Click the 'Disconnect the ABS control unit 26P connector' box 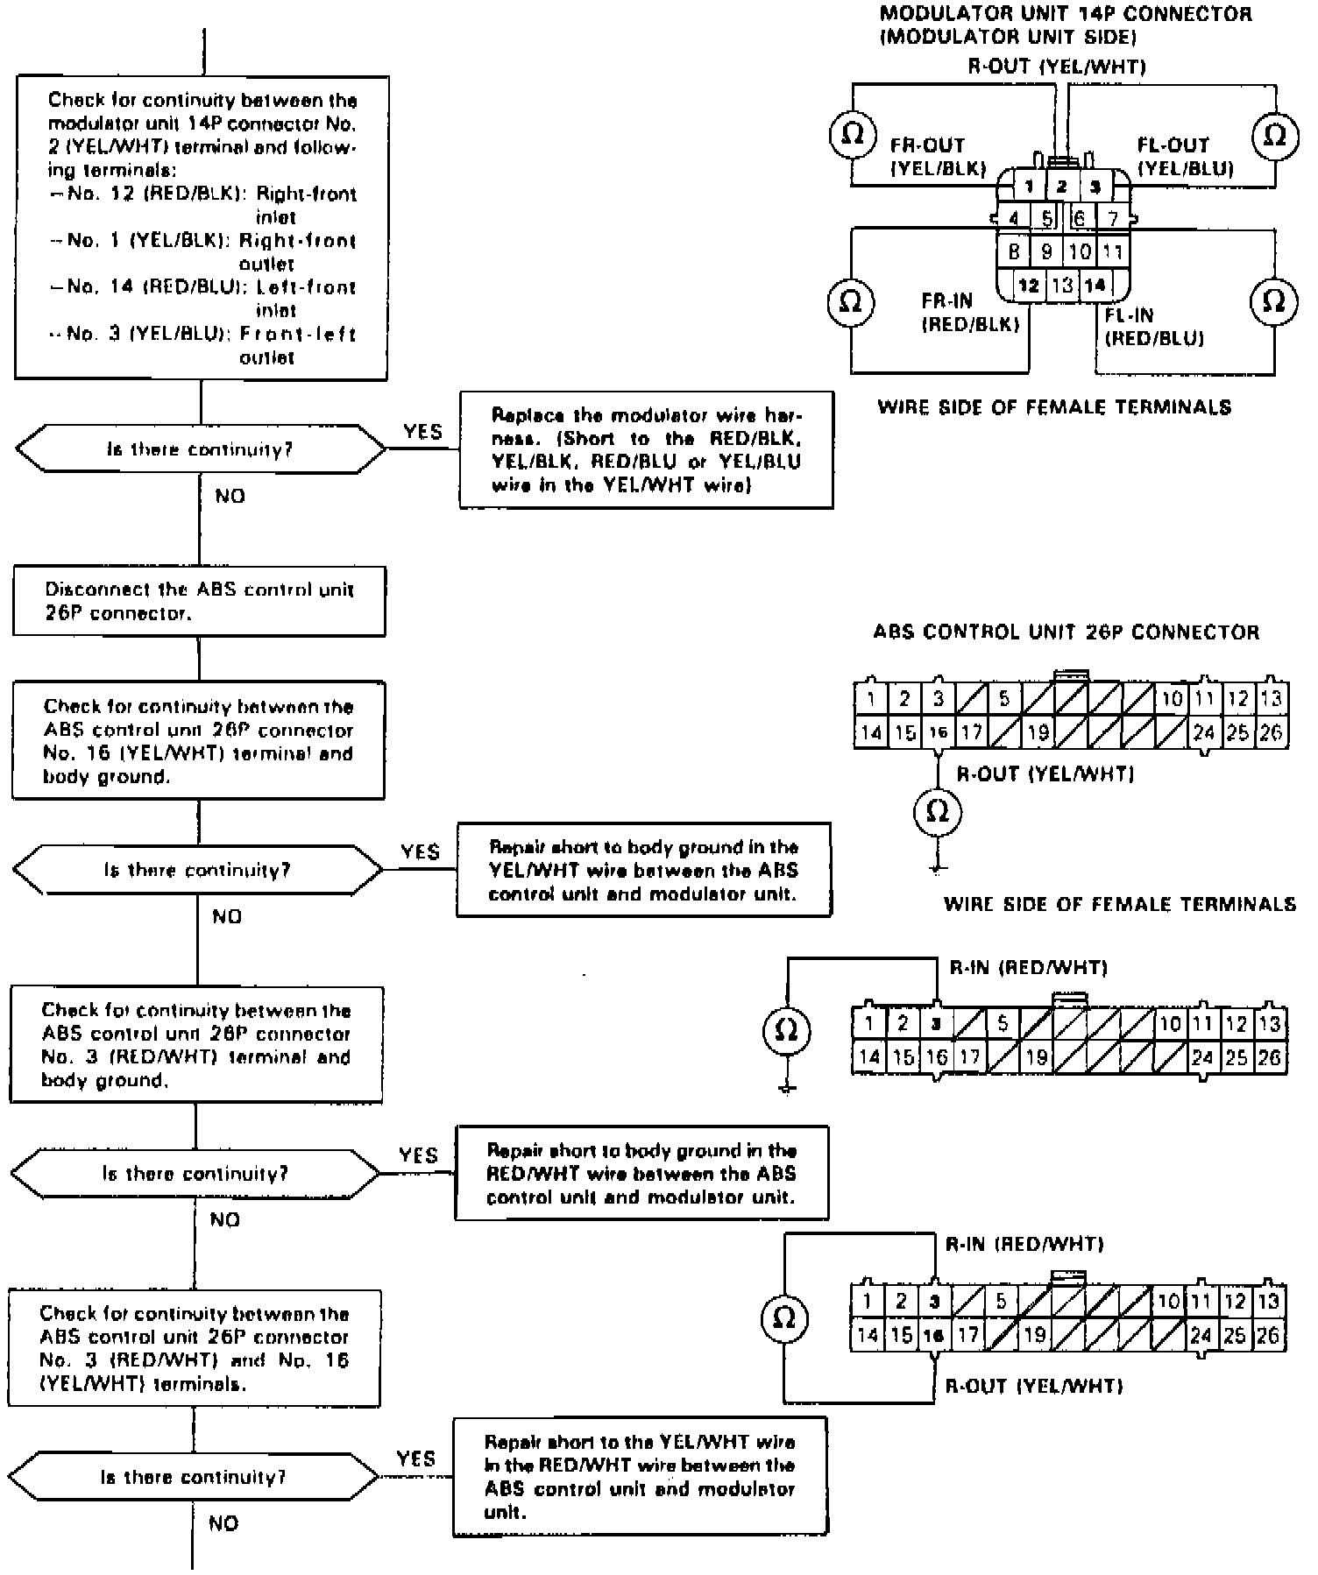199,602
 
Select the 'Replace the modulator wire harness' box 646,449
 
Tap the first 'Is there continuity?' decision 200,449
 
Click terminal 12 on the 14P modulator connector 1029,285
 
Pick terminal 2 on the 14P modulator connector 1061,186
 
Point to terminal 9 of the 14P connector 1046,252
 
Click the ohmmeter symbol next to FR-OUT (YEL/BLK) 852,134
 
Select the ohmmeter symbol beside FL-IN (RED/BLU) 1273,300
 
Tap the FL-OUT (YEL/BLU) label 1185,157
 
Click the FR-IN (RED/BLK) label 970,313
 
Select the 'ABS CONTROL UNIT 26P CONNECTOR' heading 1066,632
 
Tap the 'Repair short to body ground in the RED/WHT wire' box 641,1173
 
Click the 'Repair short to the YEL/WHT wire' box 640,1477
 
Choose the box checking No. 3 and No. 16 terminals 195,1348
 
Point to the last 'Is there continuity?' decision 194,1477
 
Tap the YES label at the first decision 422,431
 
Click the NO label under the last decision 223,1523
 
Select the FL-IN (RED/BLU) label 1154,327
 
